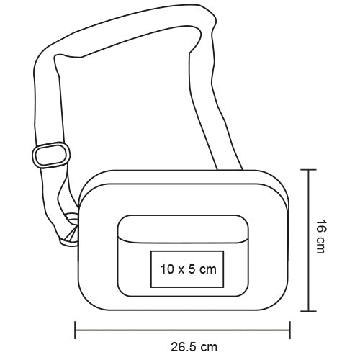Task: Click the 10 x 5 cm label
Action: [x=186, y=269]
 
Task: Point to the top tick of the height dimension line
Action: [x=309, y=170]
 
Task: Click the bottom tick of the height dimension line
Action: [x=309, y=312]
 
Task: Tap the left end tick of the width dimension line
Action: [x=76, y=331]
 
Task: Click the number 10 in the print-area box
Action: [x=167, y=269]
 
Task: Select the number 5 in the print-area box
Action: [x=190, y=269]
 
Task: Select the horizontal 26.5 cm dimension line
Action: [x=130, y=331]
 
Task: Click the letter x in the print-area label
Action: [x=180, y=270]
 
